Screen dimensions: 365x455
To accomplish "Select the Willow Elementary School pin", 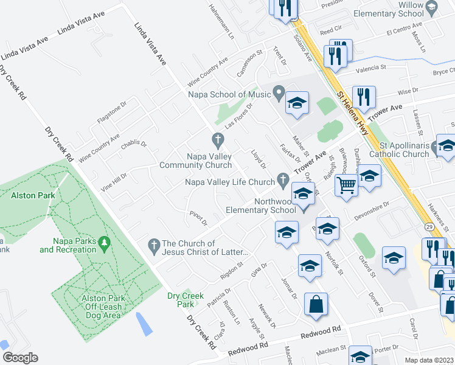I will pyautogui.click(x=432, y=7).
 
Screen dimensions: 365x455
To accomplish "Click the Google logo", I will pyautogui.click(x=19, y=358).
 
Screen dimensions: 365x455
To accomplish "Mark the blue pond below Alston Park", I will pyautogui.click(x=144, y=324).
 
